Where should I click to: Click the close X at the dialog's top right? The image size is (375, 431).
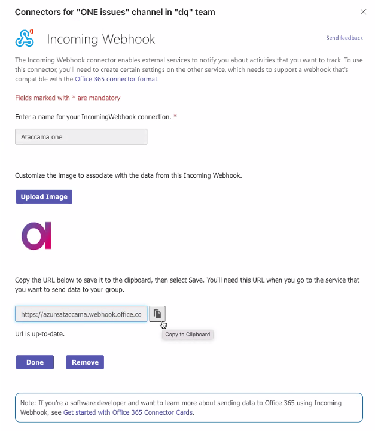pyautogui.click(x=363, y=12)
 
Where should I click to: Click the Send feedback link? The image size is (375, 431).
pyautogui.click(x=344, y=38)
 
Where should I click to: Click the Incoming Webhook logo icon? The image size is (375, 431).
pyautogui.click(x=25, y=39)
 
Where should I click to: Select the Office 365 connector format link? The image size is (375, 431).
pyautogui.click(x=116, y=78)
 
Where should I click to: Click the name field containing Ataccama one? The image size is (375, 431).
pyautogui.click(x=81, y=137)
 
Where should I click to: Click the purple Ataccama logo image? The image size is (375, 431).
pyautogui.click(x=37, y=236)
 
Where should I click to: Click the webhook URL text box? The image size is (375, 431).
pyautogui.click(x=81, y=314)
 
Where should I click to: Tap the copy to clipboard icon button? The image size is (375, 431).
pyautogui.click(x=157, y=314)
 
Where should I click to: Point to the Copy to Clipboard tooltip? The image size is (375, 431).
pyautogui.click(x=188, y=335)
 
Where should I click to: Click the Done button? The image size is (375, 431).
pyautogui.click(x=35, y=362)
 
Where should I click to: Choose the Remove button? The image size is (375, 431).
pyautogui.click(x=85, y=362)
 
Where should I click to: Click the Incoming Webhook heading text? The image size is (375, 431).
pyautogui.click(x=101, y=40)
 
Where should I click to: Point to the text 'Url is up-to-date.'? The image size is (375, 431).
pyautogui.click(x=39, y=333)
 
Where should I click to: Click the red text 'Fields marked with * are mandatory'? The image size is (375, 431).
pyautogui.click(x=68, y=98)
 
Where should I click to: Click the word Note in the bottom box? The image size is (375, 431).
pyautogui.click(x=27, y=403)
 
